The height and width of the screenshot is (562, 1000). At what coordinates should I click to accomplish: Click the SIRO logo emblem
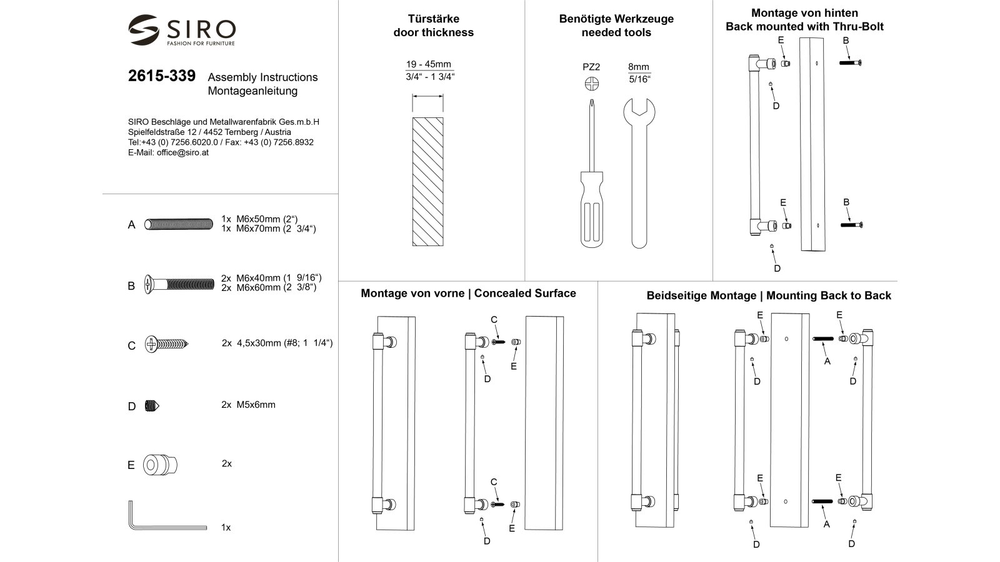pyautogui.click(x=144, y=29)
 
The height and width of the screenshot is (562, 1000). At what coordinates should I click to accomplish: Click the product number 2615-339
pyautogui.click(x=161, y=76)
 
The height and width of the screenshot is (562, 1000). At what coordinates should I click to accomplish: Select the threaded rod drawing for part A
pyautogui.click(x=179, y=224)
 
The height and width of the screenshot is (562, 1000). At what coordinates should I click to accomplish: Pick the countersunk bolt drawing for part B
pyautogui.click(x=179, y=285)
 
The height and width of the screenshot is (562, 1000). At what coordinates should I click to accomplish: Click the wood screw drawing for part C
pyautogui.click(x=166, y=344)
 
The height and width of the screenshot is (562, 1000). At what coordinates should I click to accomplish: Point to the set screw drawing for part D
pyautogui.click(x=152, y=406)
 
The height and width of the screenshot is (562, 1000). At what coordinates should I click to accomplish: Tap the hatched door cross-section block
pyautogui.click(x=428, y=181)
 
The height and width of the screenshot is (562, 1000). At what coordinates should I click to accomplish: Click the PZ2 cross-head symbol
pyautogui.click(x=591, y=84)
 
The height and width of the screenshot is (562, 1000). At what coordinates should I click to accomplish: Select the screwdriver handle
pyautogui.click(x=591, y=209)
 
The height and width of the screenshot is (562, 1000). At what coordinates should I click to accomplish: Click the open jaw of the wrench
pyautogui.click(x=639, y=106)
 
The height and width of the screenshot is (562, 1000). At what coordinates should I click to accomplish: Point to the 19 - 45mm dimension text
pyautogui.click(x=428, y=64)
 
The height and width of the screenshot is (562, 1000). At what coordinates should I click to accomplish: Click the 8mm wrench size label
pyautogui.click(x=639, y=67)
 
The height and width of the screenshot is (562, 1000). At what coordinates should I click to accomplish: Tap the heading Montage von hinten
pyautogui.click(x=804, y=13)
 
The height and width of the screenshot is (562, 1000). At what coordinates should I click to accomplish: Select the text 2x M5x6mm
pyautogui.click(x=248, y=405)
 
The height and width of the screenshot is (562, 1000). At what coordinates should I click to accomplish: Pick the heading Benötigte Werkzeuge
pyautogui.click(x=616, y=19)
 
